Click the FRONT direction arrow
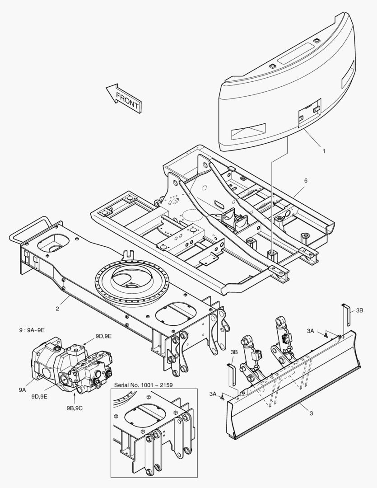[123, 99]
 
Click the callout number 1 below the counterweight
[324, 151]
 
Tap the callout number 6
[306, 180]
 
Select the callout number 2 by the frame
[57, 309]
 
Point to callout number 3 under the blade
[311, 413]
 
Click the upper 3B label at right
[359, 310]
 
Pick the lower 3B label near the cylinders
[234, 352]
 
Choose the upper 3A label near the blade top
[310, 331]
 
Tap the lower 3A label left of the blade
[213, 394]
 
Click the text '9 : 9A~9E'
[32, 330]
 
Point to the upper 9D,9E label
[103, 336]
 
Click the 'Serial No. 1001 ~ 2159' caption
[143, 385]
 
